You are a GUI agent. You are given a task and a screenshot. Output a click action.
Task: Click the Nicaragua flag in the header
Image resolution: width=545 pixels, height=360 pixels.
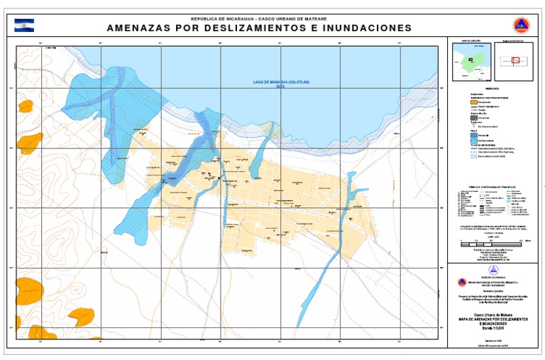(24, 26)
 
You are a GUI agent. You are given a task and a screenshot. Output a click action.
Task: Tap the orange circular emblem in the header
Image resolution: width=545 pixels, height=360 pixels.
(522, 26)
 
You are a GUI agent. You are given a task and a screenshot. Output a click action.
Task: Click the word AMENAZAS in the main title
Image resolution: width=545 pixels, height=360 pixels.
(139, 28)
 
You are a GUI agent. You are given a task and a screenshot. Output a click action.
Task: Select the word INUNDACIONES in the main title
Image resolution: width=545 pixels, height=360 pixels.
(366, 28)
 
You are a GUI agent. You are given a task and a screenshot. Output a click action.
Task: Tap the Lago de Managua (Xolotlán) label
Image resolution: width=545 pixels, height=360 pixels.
(282, 83)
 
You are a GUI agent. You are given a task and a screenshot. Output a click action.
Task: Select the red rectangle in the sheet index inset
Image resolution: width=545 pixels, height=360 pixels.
(516, 61)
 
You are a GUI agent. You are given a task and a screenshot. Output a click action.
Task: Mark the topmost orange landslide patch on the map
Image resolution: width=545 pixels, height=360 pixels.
(26, 106)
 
